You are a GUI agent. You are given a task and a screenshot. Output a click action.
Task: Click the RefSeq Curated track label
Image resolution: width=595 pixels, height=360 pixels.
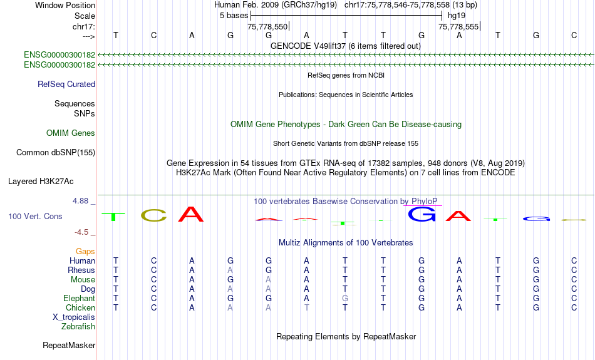[66, 85]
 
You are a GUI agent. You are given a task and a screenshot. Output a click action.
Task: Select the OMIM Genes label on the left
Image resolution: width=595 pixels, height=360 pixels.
[71, 133]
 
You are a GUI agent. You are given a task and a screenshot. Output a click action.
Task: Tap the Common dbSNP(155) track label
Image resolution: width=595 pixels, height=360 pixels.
[56, 153]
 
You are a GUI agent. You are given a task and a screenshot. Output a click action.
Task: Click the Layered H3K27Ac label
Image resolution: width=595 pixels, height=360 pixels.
[41, 182]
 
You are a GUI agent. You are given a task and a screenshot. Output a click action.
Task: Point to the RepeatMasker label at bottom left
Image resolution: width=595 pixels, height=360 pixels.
[69, 345]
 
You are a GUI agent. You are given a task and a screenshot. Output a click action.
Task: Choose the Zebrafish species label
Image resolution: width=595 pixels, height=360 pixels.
[78, 327]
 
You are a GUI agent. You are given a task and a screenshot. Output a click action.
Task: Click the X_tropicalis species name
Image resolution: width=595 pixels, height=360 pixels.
[74, 317]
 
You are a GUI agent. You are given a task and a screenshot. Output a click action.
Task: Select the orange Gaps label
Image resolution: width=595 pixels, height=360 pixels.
[85, 252]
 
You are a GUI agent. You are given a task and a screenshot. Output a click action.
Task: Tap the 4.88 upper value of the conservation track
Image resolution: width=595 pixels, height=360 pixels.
[80, 201]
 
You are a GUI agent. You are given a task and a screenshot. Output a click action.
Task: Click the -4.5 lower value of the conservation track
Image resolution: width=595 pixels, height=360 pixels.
[81, 232]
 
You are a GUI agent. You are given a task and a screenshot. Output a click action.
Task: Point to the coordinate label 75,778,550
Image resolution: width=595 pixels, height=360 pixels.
[267, 26]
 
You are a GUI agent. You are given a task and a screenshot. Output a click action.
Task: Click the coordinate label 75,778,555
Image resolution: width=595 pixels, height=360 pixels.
[458, 26]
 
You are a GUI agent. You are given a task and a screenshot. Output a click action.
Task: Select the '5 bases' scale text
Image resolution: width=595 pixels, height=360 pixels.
[234, 16]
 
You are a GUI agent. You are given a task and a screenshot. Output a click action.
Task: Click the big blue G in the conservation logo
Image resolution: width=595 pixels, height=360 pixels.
[422, 214]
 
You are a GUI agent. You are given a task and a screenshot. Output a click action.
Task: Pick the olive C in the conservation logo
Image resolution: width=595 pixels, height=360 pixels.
[153, 215]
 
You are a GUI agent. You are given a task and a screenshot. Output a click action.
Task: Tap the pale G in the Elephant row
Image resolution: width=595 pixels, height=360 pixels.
[345, 299]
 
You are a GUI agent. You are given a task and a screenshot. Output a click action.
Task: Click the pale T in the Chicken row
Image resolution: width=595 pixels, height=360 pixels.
[307, 307]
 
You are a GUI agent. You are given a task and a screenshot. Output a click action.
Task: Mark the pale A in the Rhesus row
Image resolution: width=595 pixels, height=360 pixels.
[230, 270]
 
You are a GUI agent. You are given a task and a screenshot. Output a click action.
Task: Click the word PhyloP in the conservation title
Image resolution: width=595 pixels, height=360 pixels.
[424, 202]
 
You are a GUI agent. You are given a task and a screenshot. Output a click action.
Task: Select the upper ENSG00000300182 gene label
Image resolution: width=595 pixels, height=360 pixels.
[59, 54]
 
